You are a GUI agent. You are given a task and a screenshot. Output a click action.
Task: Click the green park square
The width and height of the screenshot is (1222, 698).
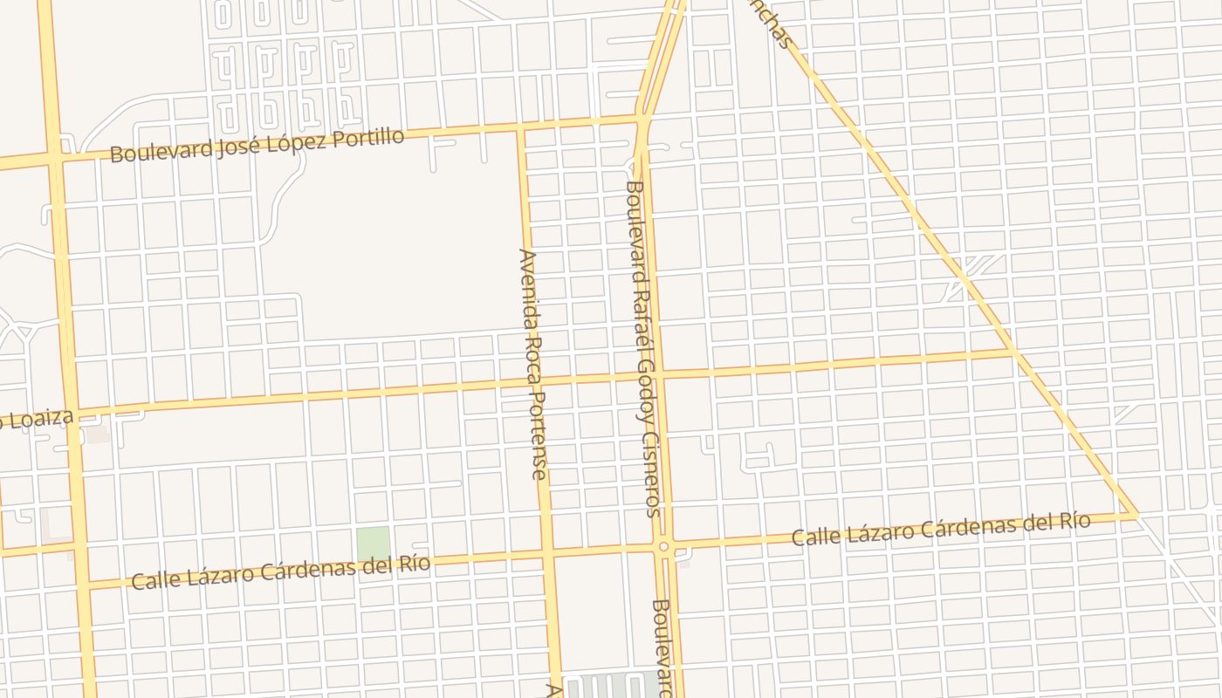[x=373, y=544]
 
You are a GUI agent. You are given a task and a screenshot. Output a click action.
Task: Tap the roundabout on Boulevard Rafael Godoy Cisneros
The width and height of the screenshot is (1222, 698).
[x=664, y=546]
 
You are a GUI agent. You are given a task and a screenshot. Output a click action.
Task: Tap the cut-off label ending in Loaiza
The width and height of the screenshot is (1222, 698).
[x=35, y=420]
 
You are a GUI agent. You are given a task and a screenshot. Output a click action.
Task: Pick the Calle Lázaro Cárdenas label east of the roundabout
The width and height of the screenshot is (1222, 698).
[x=940, y=530]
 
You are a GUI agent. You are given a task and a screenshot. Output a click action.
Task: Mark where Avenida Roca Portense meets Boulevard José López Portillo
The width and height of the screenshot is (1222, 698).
[x=522, y=129]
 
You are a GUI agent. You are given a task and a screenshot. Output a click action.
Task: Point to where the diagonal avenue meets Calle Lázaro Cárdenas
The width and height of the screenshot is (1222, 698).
[x=1136, y=516]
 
